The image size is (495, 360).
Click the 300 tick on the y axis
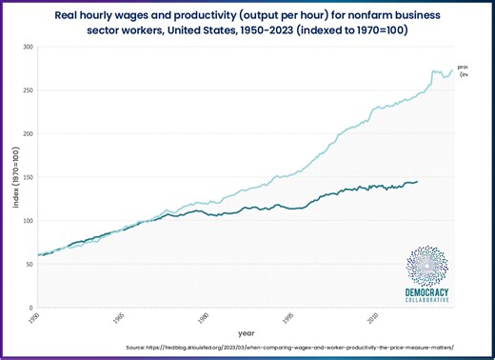pyautogui.click(x=29, y=47)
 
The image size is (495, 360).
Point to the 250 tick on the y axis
pyautogui.click(x=29, y=90)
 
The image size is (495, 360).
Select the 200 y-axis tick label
pyautogui.click(x=29, y=133)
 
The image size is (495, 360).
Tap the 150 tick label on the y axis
pyautogui.click(x=29, y=177)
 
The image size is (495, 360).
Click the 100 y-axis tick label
pyautogui.click(x=29, y=220)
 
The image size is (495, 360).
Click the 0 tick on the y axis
pyautogui.click(x=31, y=308)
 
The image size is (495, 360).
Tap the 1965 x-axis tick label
pyautogui.click(x=118, y=317)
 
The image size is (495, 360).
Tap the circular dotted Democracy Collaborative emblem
pyautogui.click(x=426, y=266)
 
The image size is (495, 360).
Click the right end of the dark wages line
pyautogui.click(x=416, y=182)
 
